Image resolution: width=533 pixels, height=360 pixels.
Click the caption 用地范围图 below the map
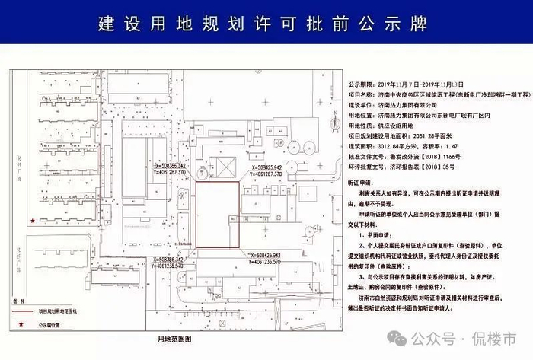174,337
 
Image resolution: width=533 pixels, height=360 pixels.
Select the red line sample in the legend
23,311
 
